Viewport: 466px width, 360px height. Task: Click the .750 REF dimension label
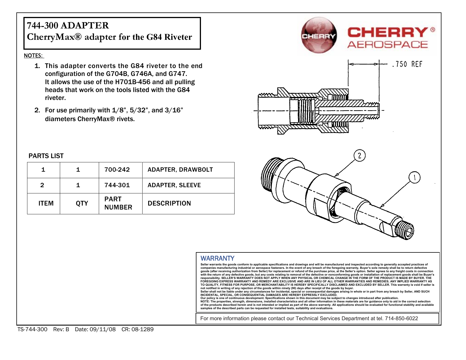pos(407,64)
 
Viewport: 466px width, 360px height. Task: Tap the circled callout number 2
pos(359,156)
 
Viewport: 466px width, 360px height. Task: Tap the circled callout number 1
pos(414,178)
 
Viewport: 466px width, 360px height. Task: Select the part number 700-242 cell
pos(117,170)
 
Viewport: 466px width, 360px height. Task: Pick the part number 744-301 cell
pos(117,185)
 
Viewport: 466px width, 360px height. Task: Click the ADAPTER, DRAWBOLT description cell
pos(180,170)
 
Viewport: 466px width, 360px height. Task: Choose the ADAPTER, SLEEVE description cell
pos(174,185)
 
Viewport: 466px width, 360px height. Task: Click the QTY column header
pos(82,203)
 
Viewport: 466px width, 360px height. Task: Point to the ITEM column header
pos(46,203)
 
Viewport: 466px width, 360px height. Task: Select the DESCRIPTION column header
pos(169,203)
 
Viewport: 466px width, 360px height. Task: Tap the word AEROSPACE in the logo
pos(388,45)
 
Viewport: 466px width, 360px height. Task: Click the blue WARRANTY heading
pos(217,258)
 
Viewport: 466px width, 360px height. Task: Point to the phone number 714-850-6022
pos(401,318)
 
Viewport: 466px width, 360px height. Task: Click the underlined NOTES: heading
pos(34,56)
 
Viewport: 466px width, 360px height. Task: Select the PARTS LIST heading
pos(46,156)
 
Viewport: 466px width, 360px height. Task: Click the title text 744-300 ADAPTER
pos(68,25)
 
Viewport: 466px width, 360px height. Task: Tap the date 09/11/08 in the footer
pos(102,329)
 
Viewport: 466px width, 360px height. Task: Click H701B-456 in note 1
pos(133,82)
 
